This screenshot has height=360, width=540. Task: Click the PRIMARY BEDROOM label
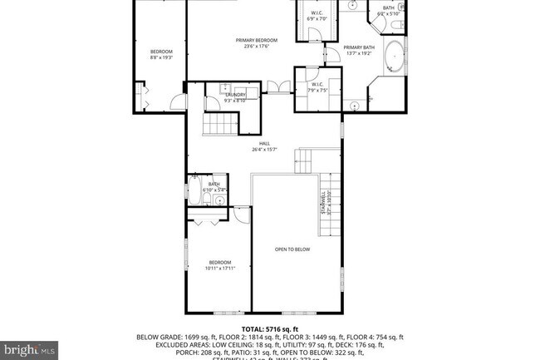[256, 40]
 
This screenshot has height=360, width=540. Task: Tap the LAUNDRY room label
[234, 95]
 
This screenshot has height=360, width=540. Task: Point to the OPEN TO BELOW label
[292, 249]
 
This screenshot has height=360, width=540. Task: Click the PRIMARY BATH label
[359, 47]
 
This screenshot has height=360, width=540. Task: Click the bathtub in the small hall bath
[194, 190]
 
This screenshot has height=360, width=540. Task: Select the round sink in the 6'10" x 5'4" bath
[219, 200]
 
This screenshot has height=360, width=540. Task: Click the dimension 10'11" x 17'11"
[219, 268]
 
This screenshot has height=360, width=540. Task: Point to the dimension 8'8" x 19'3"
[160, 57]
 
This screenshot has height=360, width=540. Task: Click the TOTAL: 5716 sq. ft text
[270, 328]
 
